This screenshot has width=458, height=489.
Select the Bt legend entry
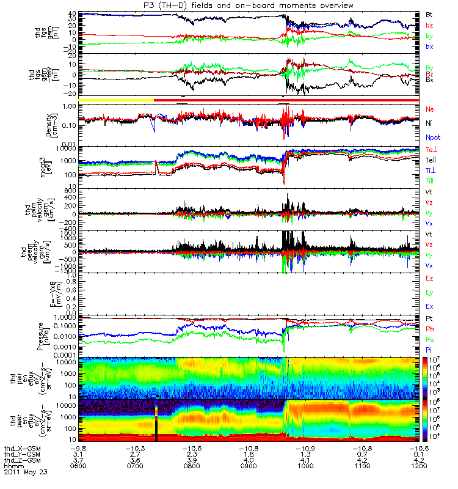(x=429, y=13)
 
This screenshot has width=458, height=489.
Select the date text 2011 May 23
(x=26, y=472)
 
